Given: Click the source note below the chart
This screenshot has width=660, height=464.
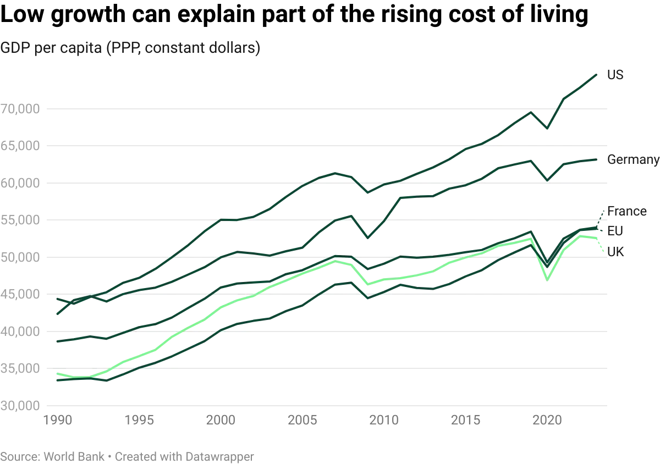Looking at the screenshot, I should pyautogui.click(x=128, y=456).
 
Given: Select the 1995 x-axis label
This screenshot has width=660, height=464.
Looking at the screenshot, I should pyautogui.click(x=140, y=421).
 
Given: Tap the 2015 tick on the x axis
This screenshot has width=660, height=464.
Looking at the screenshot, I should pyautogui.click(x=466, y=421).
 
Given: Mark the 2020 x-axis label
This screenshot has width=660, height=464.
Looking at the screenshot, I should pyautogui.click(x=548, y=421).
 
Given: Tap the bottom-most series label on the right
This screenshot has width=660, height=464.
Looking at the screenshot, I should pyautogui.click(x=616, y=252).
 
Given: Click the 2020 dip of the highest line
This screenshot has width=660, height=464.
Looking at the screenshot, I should pyautogui.click(x=547, y=130).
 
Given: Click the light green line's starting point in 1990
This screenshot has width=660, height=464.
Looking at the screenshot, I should pyautogui.click(x=56, y=374).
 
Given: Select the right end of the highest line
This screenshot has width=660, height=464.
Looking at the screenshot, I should pyautogui.click(x=597, y=73).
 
